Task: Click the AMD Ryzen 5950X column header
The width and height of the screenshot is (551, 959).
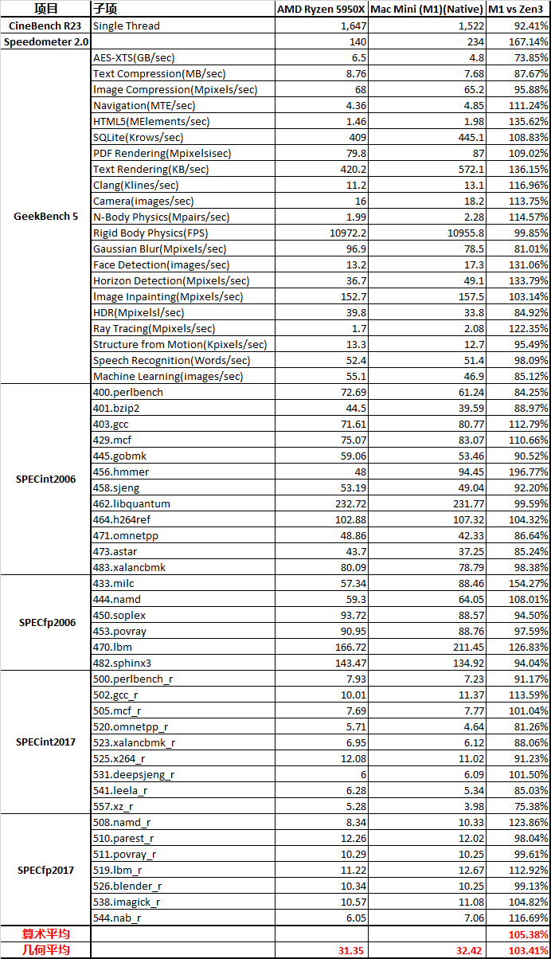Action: (322, 10)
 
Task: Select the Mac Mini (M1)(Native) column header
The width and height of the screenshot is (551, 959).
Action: (428, 10)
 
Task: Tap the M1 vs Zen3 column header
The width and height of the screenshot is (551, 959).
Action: (518, 10)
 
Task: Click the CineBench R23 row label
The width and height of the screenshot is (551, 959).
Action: (45, 25)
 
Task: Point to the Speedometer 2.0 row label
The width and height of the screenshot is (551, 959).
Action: (45, 41)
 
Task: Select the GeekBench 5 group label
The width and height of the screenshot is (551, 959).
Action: (45, 216)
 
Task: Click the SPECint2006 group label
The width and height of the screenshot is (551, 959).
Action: (45, 479)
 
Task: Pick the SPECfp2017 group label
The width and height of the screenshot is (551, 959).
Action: (45, 870)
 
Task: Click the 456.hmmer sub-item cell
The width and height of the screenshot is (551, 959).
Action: (121, 472)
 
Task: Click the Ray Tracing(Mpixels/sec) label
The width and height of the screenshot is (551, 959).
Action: (154, 328)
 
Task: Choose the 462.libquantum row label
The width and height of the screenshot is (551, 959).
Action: (131, 503)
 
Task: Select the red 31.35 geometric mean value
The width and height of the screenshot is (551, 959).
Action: (352, 949)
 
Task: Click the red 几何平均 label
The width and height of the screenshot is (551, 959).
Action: (45, 949)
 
